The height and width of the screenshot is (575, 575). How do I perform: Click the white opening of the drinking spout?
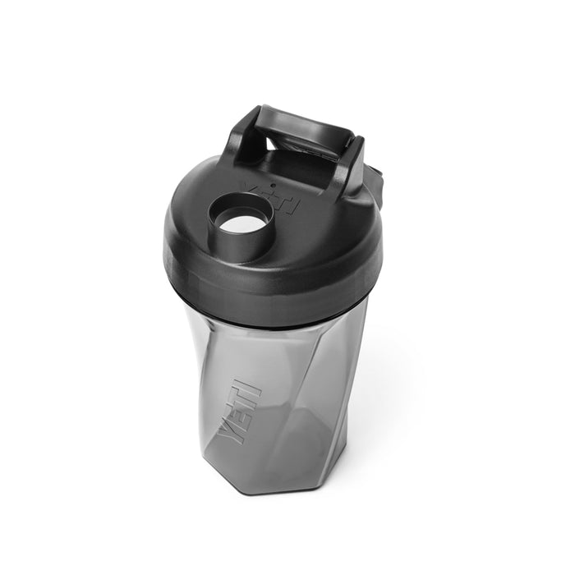coord(244,217)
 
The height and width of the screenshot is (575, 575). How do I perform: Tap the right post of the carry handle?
coord(352,163)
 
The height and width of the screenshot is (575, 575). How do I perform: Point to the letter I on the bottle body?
coord(250,384)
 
